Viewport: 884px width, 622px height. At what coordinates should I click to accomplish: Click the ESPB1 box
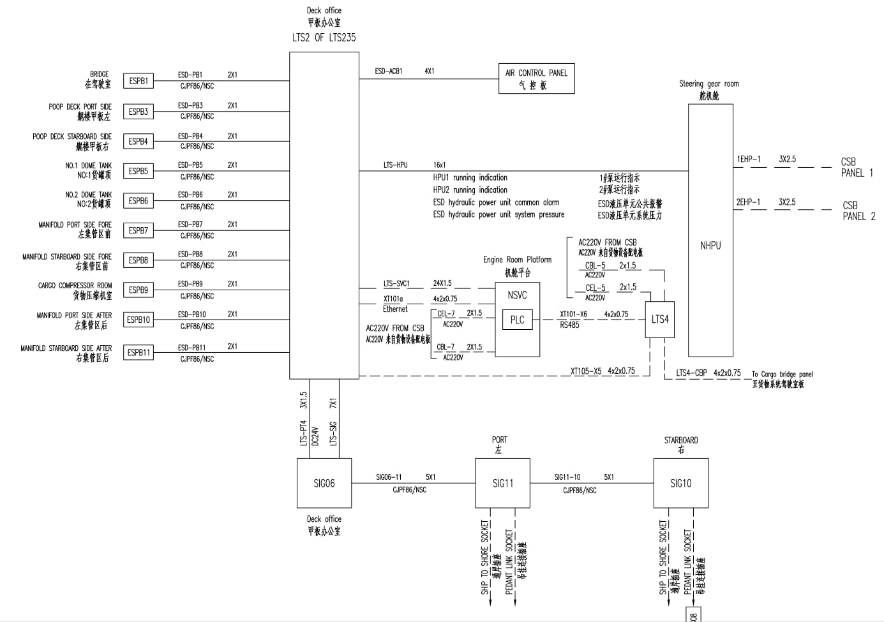pyautogui.click(x=138, y=81)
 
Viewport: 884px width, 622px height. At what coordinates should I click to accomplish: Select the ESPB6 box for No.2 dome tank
pyautogui.click(x=138, y=200)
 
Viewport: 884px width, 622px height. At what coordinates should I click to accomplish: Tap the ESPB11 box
pyautogui.click(x=138, y=352)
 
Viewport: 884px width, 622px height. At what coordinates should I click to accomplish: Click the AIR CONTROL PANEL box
pyautogui.click(x=536, y=78)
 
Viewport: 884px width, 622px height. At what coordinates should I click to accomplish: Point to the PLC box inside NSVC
pyautogui.click(x=517, y=320)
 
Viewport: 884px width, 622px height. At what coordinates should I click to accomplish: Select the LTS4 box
pyautogui.click(x=660, y=319)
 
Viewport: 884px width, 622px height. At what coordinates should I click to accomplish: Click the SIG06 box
pyautogui.click(x=324, y=483)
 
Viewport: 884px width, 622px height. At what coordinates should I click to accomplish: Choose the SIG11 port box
pyautogui.click(x=502, y=483)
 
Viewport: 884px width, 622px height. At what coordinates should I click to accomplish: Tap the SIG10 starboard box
pyautogui.click(x=680, y=483)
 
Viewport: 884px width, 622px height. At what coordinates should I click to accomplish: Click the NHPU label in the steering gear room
pyautogui.click(x=710, y=246)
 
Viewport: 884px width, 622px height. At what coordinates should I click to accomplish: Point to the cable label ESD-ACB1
pyautogui.click(x=389, y=71)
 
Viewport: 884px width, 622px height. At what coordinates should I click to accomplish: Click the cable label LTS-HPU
pyautogui.click(x=395, y=165)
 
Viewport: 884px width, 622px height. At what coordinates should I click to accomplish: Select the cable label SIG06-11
pyautogui.click(x=389, y=477)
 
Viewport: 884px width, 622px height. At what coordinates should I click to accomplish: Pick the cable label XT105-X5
pyautogui.click(x=585, y=371)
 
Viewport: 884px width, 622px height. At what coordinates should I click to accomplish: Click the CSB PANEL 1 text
pyautogui.click(x=856, y=167)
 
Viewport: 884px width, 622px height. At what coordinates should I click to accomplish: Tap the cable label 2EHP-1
pyautogui.click(x=748, y=202)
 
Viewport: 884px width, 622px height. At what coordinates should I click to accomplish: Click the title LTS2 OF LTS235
pyautogui.click(x=324, y=38)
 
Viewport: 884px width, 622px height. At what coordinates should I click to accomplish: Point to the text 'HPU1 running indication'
pyautogui.click(x=470, y=178)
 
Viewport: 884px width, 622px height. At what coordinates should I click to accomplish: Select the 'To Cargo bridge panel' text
pyautogui.click(x=782, y=374)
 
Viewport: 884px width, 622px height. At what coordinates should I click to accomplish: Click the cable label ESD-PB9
pyautogui.click(x=190, y=284)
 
